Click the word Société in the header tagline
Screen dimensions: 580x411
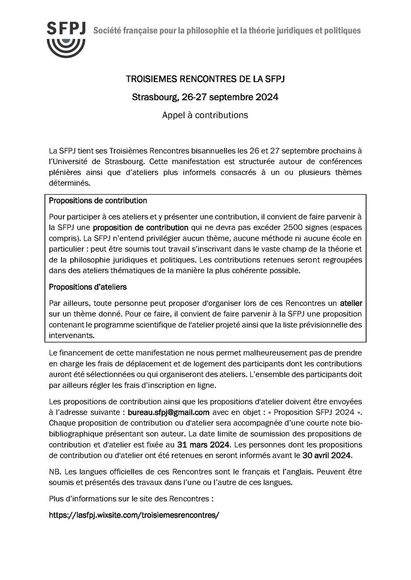[107, 31]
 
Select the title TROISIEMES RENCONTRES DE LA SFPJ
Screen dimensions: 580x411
[206, 79]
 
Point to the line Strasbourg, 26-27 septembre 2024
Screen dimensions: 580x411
[206, 98]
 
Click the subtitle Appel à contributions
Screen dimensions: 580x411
[206, 116]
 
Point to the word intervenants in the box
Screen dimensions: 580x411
[71, 333]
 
